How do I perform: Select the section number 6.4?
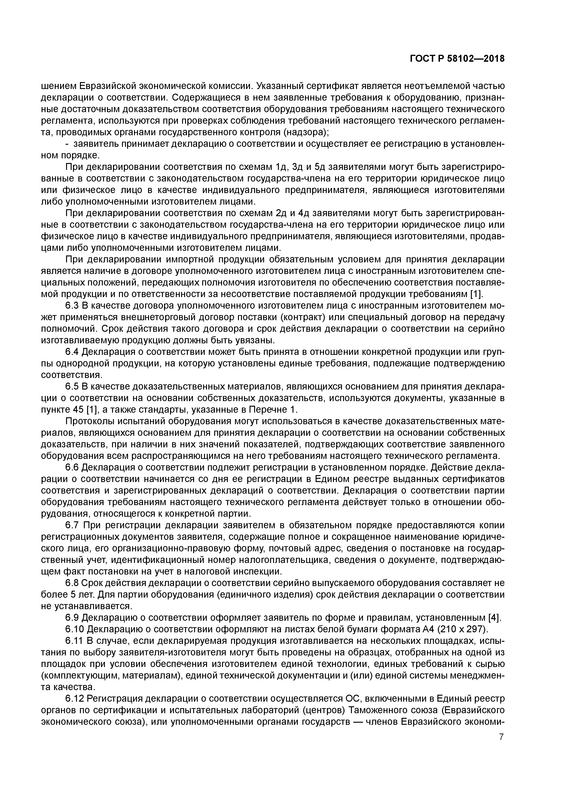point(72,352)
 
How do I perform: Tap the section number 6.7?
point(72,525)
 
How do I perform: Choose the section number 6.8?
point(72,583)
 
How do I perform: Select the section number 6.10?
point(74,630)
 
